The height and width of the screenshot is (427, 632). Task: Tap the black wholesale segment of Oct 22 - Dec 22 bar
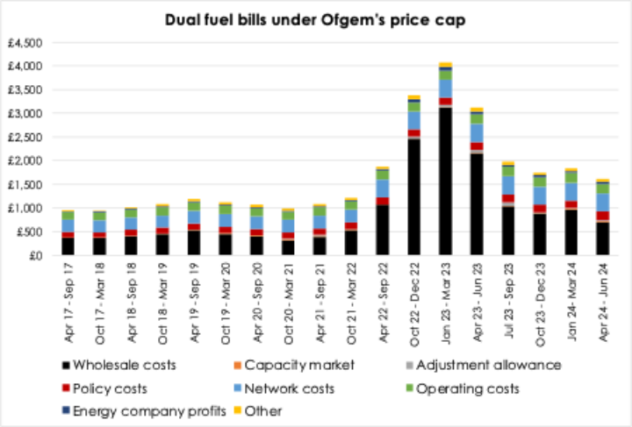414,196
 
